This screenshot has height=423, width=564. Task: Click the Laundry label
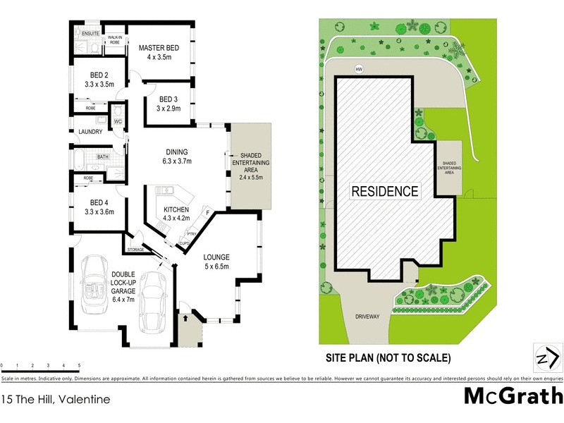[90, 132]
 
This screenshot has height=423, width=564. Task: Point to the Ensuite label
[90, 34]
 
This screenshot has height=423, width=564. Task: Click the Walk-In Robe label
[114, 39]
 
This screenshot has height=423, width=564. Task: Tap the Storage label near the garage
[135, 250]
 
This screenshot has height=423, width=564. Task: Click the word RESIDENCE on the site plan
[385, 191]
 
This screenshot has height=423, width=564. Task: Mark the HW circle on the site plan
[360, 69]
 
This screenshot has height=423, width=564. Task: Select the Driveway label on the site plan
[367, 317]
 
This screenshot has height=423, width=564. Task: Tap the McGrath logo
[513, 396]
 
